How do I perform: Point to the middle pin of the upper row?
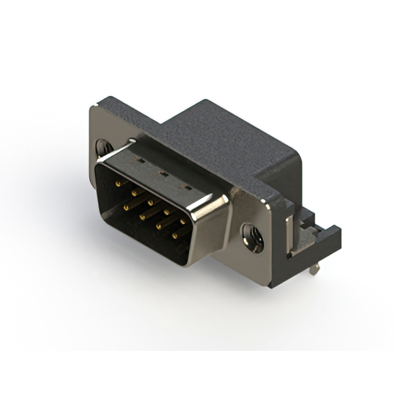150,201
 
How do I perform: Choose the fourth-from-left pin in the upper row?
166,211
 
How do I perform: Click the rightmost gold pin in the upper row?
182,220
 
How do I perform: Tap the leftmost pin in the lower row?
126,207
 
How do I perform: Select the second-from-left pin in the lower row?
142,217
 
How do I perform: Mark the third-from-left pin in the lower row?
158,227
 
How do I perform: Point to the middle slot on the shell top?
163,174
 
